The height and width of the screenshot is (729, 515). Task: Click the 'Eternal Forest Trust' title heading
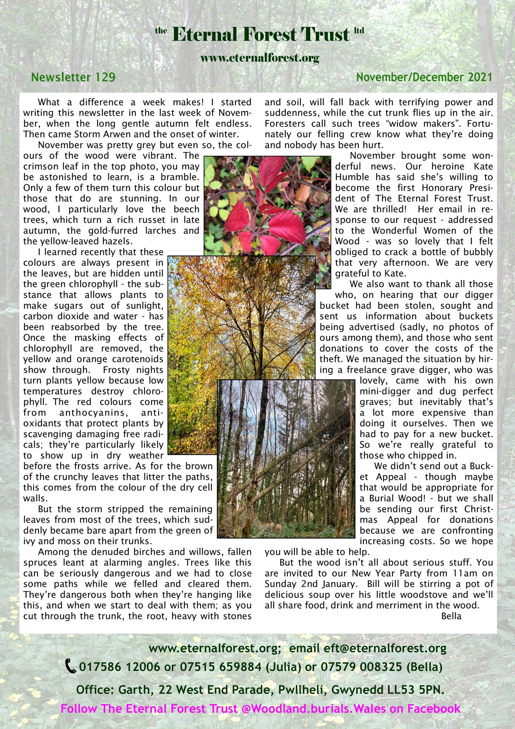(260, 34)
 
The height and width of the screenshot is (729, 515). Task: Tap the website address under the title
(260, 58)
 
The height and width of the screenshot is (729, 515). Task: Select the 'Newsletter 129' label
(73, 77)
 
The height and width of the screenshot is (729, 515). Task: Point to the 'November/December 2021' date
(424, 77)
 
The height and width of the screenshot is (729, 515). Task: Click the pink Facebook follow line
(260, 709)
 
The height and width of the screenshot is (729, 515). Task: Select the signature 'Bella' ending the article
(451, 616)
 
